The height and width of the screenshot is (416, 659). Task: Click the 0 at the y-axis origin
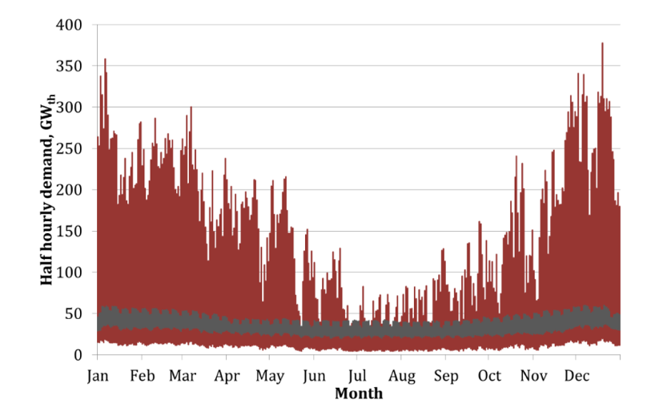(79, 355)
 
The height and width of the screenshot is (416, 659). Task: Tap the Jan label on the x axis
(97, 375)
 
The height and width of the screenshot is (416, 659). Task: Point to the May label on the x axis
(271, 375)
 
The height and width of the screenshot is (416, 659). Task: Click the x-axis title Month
(358, 394)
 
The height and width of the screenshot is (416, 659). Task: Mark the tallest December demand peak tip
(602, 43)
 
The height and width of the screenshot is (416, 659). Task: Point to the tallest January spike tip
(105, 59)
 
